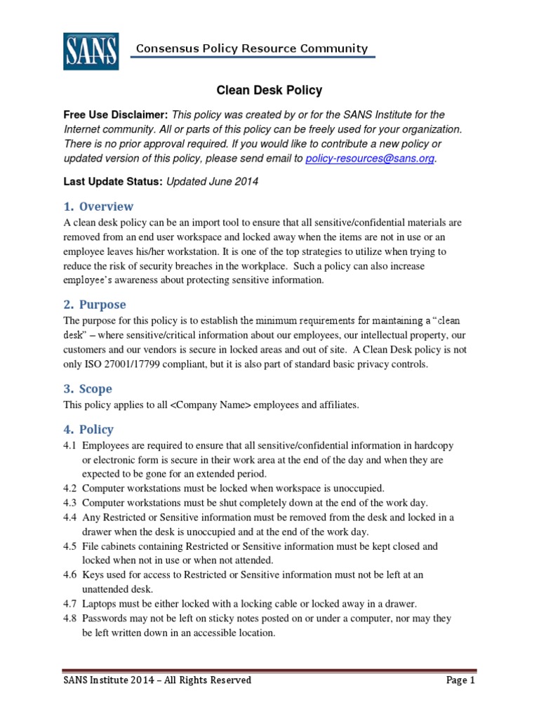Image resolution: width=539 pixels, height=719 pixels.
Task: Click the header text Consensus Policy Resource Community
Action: click(251, 48)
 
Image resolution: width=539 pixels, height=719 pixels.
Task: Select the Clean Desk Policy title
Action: click(268, 90)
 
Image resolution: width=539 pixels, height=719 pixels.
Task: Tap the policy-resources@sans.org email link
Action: click(371, 159)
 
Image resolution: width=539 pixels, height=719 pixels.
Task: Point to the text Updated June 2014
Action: click(213, 182)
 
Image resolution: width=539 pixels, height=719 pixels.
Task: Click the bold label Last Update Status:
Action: click(113, 182)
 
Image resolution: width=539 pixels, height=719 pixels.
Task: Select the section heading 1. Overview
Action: click(98, 206)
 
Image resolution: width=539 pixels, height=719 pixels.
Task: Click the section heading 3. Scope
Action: click(88, 389)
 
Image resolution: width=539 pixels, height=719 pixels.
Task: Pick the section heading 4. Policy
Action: click(88, 429)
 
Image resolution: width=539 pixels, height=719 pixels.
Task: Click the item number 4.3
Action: click(71, 503)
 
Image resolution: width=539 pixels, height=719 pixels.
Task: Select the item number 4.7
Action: click(71, 604)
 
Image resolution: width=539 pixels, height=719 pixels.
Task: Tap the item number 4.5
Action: click(71, 546)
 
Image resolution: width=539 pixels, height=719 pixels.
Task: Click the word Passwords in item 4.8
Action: click(104, 619)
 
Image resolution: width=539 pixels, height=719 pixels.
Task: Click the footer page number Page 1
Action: click(461, 680)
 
